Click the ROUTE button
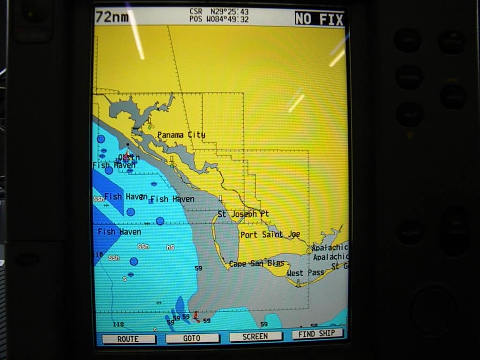coord(128,338)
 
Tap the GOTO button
coord(192,338)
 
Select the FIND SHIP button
coord(317,334)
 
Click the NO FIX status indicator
coord(319,19)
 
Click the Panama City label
coord(181,135)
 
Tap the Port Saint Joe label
coord(270,234)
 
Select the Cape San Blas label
coord(256,263)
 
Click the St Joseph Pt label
coord(243,214)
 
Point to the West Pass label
coord(306,272)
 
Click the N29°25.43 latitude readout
coord(229,12)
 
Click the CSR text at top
coord(196,12)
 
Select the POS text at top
coord(196,19)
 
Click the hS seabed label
coord(170,247)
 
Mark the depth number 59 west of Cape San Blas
coord(198,268)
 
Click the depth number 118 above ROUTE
coord(118,324)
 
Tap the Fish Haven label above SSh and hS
coord(119,232)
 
